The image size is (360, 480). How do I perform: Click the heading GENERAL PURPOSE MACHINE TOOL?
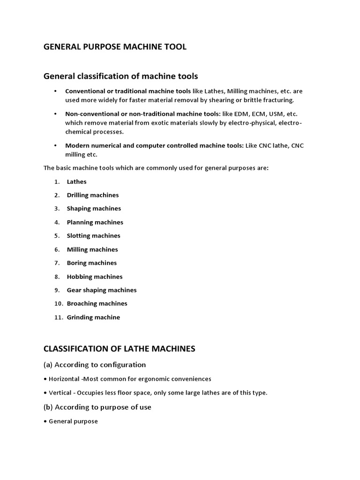click(115, 46)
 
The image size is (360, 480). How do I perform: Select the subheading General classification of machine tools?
click(120, 75)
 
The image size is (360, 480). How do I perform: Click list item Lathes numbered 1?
click(76, 181)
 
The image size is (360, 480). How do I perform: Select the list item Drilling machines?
click(92, 195)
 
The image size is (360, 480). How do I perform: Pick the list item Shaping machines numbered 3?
click(94, 209)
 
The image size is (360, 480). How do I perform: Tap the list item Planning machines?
click(95, 222)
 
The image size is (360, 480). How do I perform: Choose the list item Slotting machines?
click(93, 236)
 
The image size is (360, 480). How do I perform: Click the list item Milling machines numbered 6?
click(92, 249)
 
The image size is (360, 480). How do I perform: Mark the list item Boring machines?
click(91, 263)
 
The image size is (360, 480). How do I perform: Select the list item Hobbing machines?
click(94, 277)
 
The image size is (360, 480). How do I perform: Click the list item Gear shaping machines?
click(102, 290)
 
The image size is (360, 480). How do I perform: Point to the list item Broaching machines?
click(97, 304)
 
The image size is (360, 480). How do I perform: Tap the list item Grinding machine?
click(93, 317)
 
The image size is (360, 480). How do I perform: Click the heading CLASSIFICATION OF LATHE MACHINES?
click(119, 348)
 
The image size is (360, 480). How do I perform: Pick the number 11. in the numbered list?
click(59, 317)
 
